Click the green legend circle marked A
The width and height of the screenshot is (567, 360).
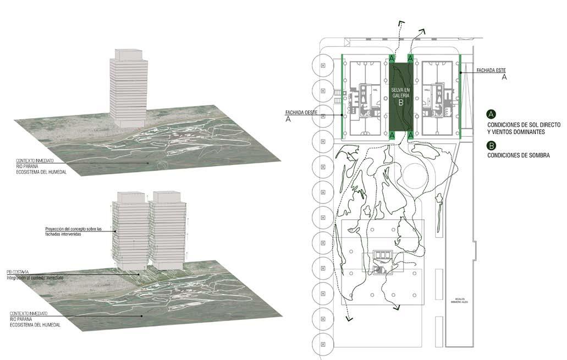[491, 114]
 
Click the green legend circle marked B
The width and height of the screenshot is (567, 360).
[491, 146]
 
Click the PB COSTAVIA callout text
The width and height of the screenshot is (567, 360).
[18, 272]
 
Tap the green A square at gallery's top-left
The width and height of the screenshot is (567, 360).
[392, 58]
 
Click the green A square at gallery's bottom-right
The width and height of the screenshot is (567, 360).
[411, 134]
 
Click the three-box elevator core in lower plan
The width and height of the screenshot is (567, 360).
[383, 255]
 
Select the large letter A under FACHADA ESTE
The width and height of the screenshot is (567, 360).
[504, 78]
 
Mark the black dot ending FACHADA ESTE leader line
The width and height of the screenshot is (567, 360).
[460, 70]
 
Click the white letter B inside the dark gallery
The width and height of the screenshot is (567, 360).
[401, 103]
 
